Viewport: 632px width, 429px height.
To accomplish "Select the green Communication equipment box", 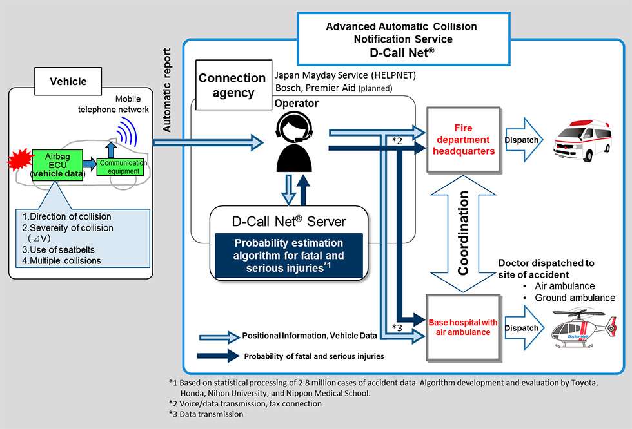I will pos(123,167).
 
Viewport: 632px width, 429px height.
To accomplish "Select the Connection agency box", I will pos(232,85).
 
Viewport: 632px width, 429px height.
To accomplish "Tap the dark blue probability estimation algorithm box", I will pos(290,256).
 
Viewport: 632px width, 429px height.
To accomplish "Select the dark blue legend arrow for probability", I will pos(219,356).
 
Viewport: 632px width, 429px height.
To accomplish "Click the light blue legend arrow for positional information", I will pos(219,336).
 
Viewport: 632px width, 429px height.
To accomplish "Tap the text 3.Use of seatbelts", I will pos(58,249).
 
